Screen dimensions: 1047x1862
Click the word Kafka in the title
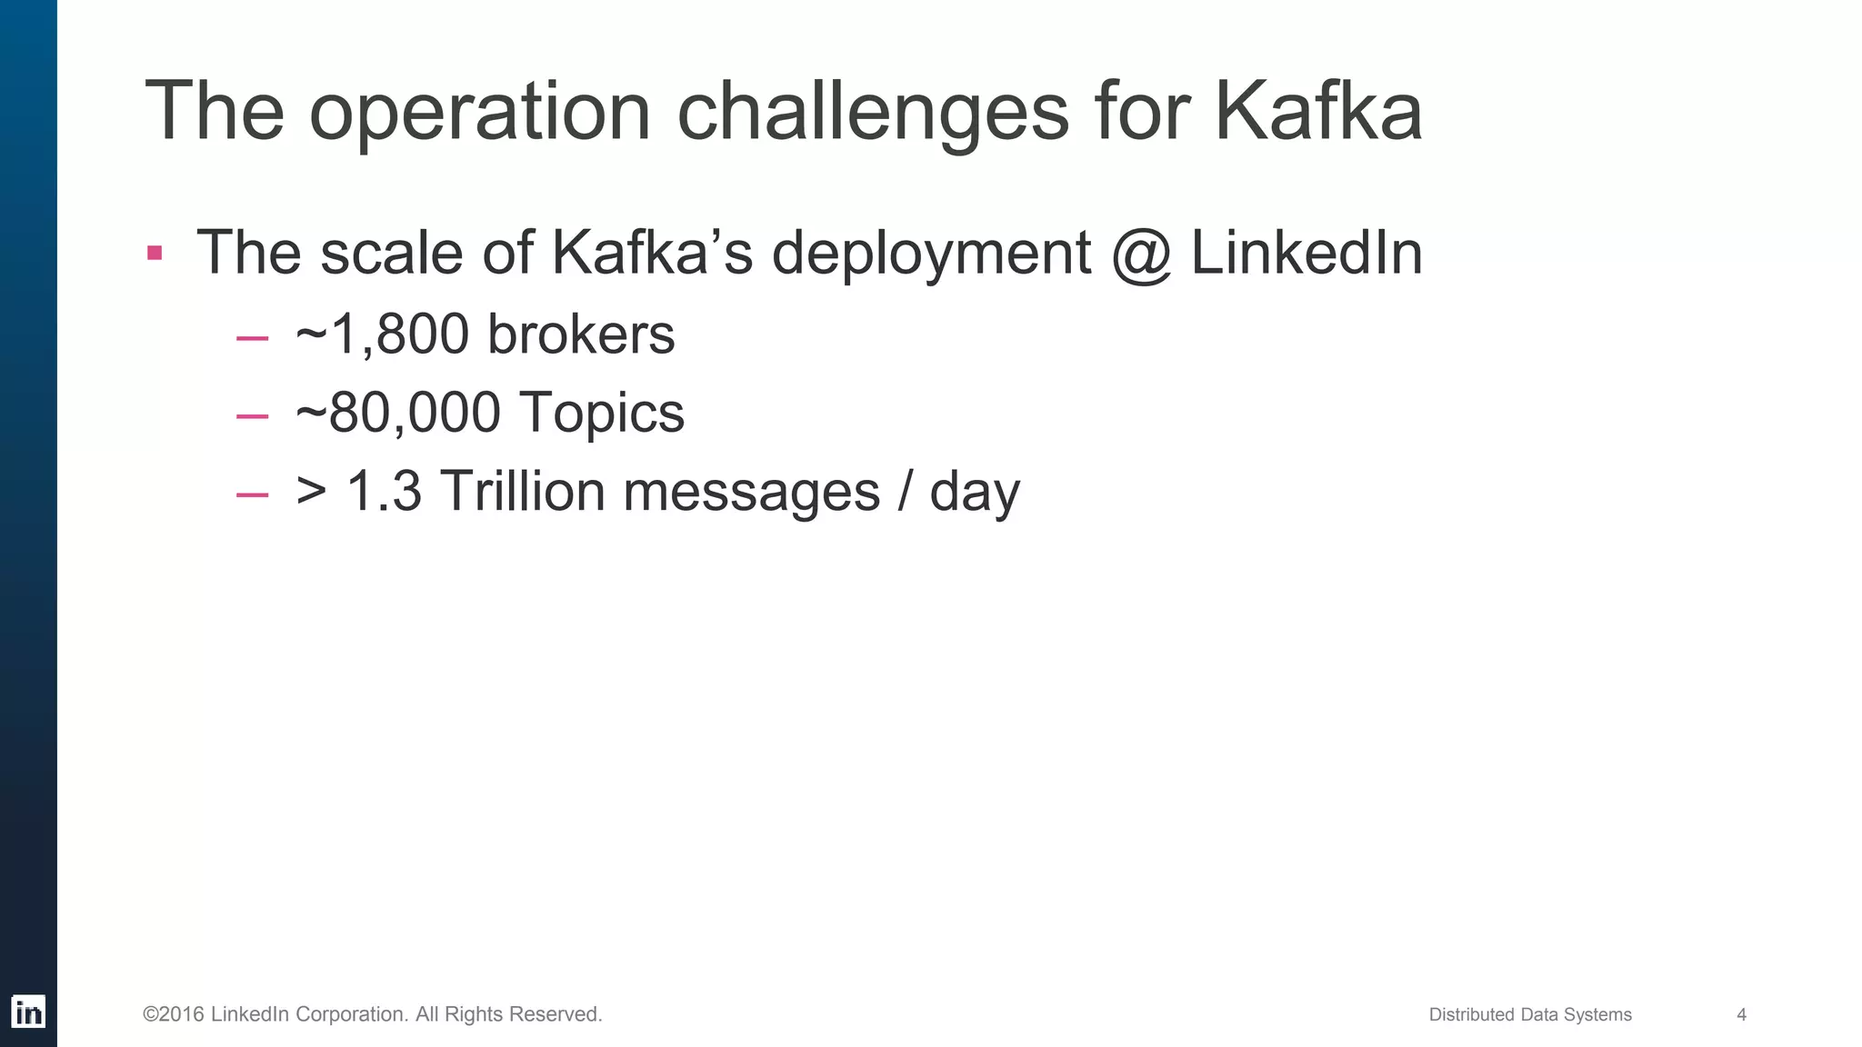tap(1317, 111)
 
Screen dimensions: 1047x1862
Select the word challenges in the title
tap(873, 113)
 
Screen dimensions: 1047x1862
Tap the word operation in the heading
tap(480, 113)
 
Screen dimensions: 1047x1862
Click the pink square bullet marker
tap(155, 252)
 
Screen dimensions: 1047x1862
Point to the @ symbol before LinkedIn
tap(1141, 254)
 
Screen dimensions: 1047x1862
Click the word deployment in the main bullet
tap(931, 254)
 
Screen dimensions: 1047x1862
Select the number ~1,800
tap(383, 334)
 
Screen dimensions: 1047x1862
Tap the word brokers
tap(581, 334)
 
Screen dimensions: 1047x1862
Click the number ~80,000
tap(397, 413)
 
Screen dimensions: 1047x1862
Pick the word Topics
tap(601, 413)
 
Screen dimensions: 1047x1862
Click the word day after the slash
tap(975, 493)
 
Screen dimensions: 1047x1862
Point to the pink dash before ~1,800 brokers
tap(252, 338)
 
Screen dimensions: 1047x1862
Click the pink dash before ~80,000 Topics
tap(252, 416)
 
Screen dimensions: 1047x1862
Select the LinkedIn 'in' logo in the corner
tap(28, 1012)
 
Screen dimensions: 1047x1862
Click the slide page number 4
tap(1741, 1014)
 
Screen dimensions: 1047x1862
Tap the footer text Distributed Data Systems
tap(1530, 1014)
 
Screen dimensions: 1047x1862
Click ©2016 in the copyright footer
tap(173, 1014)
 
